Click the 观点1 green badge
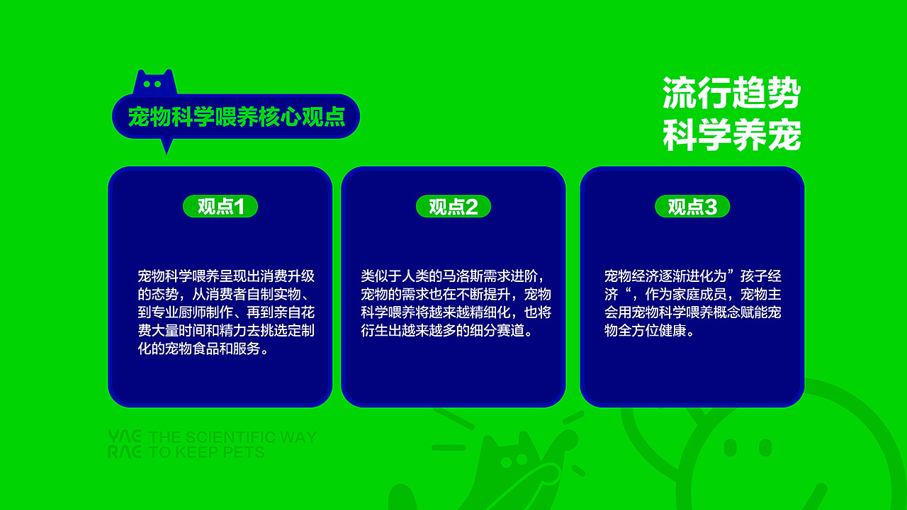click(220, 206)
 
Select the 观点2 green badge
click(453, 206)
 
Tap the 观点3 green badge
click(692, 206)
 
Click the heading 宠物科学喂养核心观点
click(236, 117)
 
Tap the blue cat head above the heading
click(154, 83)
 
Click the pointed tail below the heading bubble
click(167, 145)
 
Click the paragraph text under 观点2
click(456, 303)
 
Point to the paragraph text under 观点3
click(692, 303)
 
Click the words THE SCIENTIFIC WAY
click(233, 437)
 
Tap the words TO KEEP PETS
click(207, 452)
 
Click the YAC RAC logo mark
click(125, 444)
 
